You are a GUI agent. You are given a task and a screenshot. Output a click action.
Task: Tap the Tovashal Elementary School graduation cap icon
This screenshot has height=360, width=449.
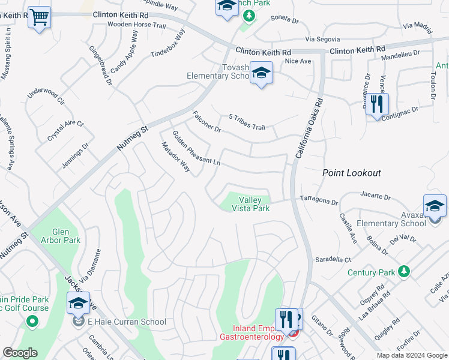coord(261,73)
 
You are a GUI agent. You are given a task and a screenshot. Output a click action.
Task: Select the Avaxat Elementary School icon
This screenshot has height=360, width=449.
coord(435,206)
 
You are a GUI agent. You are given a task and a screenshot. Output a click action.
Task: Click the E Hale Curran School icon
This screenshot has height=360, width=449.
coord(78,304)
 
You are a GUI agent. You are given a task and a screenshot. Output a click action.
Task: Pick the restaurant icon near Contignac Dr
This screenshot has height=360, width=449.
coord(376,104)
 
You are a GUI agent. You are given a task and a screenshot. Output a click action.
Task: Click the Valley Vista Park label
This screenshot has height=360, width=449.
coord(254,204)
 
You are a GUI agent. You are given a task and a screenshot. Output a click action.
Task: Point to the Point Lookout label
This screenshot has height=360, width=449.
coord(351,173)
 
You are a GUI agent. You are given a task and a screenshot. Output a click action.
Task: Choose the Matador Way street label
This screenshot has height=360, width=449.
coord(175,157)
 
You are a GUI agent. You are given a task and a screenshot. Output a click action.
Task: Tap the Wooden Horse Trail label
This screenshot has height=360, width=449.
coord(136,25)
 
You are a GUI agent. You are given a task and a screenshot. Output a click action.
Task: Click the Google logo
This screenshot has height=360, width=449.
coord(20,353)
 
